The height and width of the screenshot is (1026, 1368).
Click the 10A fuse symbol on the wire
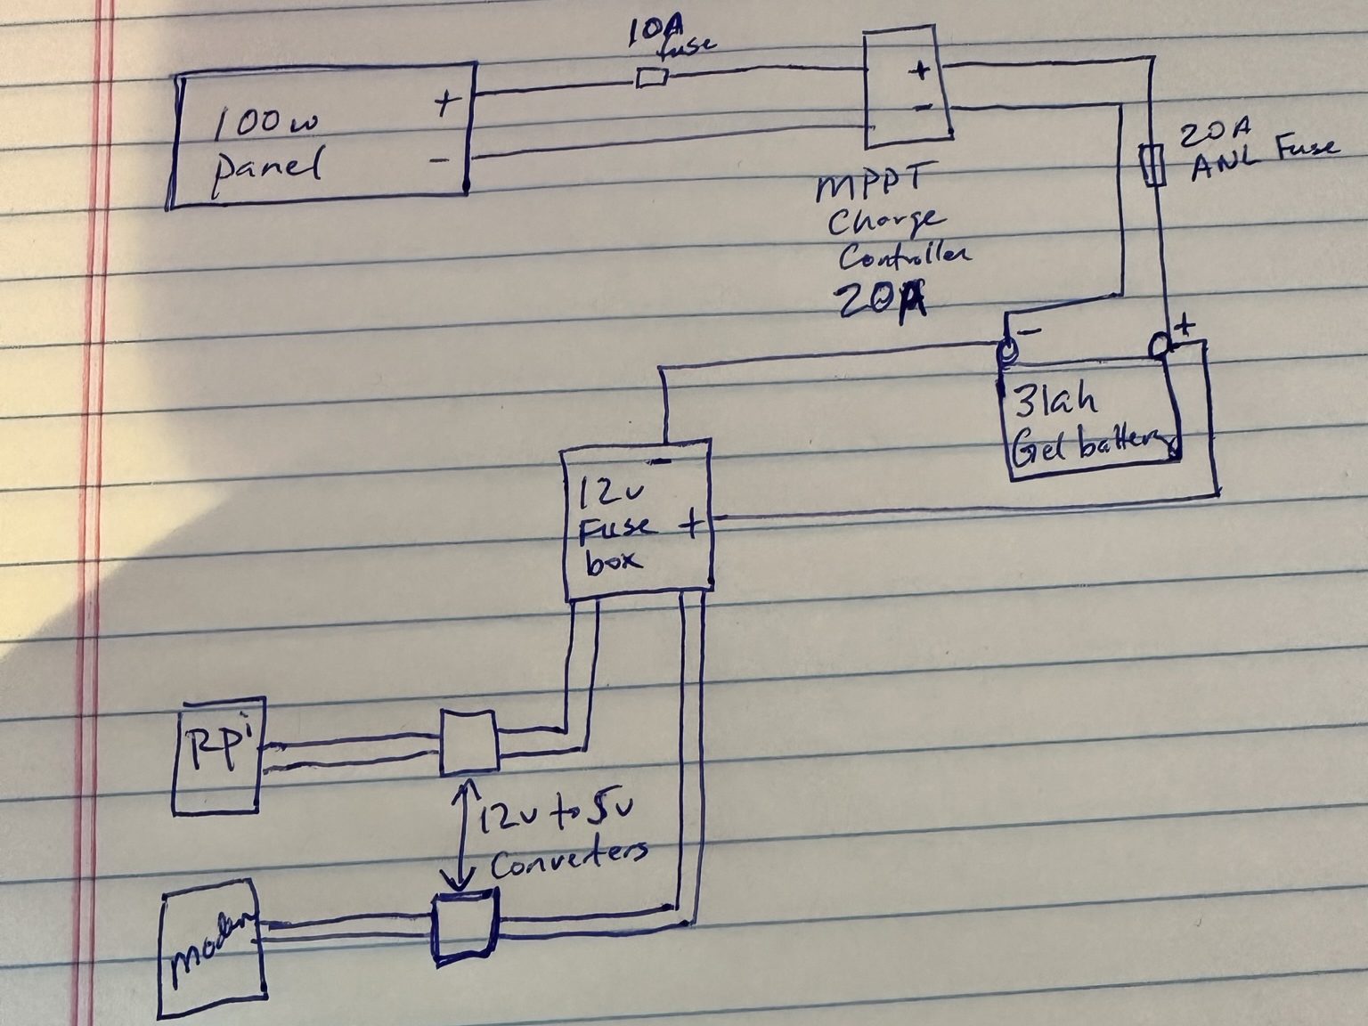coord(652,79)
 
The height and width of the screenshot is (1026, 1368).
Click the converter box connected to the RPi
coord(469,741)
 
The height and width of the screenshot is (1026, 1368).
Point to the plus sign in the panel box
coord(445,104)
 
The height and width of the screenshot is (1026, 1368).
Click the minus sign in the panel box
coord(439,160)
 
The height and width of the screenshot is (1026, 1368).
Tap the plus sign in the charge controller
coord(920,70)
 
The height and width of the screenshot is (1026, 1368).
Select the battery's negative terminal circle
coord(1005,351)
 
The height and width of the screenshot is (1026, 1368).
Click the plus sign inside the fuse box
coord(690,525)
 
